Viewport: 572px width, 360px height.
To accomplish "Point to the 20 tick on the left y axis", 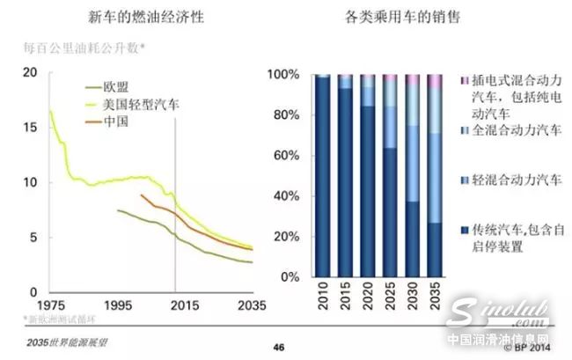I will (32, 72).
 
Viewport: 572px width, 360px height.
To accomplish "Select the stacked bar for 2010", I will (322, 176).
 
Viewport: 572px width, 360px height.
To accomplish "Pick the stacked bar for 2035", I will (435, 176).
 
